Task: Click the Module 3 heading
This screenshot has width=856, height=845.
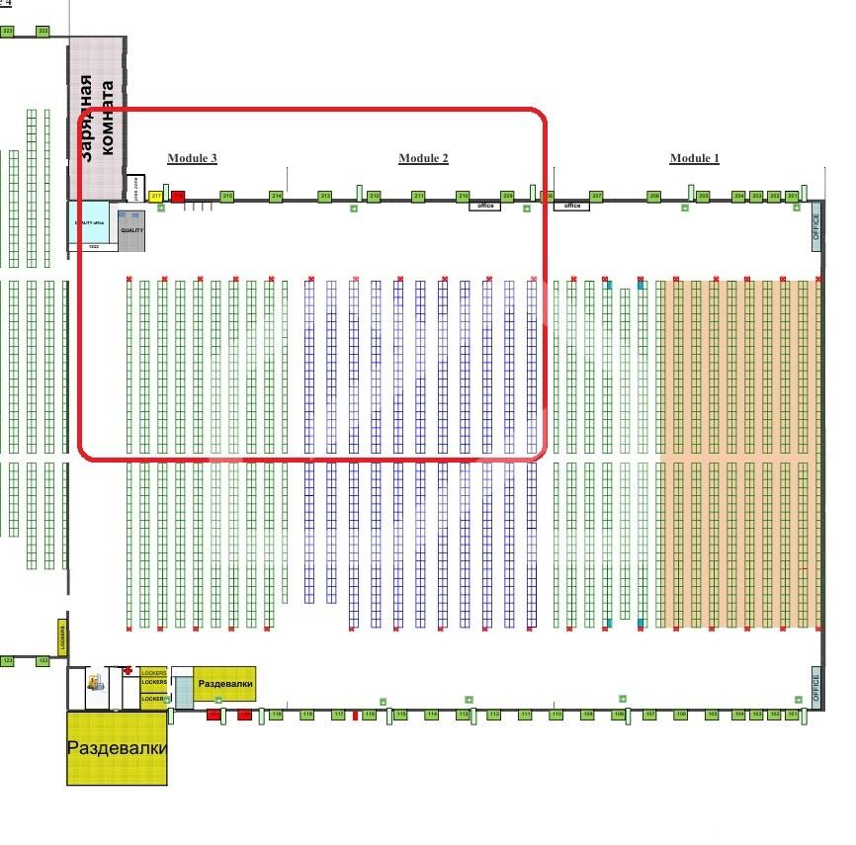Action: [192, 158]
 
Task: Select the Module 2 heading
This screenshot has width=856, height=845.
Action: [423, 158]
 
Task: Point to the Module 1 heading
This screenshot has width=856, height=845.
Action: [694, 158]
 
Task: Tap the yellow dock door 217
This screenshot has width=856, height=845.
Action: [155, 197]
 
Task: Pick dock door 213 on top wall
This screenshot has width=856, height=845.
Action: [324, 197]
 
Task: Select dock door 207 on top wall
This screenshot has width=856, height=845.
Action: [596, 197]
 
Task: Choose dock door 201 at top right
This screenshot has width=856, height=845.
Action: [793, 197]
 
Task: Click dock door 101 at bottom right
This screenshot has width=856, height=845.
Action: [792, 714]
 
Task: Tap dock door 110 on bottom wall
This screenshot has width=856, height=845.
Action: [556, 714]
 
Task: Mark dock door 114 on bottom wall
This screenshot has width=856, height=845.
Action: [431, 714]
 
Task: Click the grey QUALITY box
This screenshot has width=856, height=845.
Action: [131, 229]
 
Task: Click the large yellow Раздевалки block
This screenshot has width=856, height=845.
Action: [117, 748]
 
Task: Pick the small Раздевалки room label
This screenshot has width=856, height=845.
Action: [225, 684]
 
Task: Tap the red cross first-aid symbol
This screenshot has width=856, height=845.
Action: [128, 670]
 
